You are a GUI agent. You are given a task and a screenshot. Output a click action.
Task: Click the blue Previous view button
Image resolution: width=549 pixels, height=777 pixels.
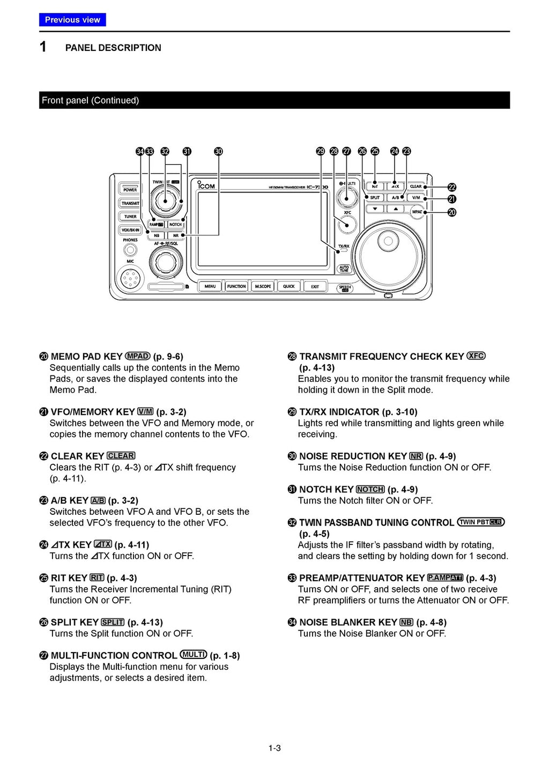(x=72, y=20)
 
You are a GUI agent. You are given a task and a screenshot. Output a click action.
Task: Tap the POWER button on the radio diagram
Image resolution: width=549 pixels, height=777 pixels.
(x=130, y=190)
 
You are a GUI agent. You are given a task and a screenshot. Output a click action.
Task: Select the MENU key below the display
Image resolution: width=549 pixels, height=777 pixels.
(x=210, y=286)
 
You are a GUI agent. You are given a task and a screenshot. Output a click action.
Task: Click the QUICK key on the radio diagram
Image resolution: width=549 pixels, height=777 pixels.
(x=289, y=286)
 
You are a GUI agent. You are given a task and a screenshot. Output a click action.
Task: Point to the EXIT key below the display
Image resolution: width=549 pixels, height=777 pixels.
(x=315, y=286)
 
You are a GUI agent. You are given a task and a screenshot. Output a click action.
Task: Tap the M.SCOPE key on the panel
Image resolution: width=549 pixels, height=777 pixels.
(x=263, y=286)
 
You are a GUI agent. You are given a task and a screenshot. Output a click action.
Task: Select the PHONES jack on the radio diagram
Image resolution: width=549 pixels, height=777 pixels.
(x=130, y=250)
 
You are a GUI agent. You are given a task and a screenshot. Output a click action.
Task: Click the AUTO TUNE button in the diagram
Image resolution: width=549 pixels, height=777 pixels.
(x=344, y=269)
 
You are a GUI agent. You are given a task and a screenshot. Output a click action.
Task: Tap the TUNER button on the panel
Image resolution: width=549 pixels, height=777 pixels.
(x=130, y=217)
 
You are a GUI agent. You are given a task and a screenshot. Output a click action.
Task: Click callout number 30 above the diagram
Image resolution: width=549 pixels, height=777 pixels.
(x=218, y=152)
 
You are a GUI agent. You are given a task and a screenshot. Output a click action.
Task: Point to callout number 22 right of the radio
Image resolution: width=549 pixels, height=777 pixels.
(x=452, y=187)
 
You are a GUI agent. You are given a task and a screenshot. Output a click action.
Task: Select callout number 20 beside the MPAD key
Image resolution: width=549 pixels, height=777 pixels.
(x=452, y=212)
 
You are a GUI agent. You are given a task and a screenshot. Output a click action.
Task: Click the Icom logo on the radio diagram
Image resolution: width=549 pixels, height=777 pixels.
(x=206, y=186)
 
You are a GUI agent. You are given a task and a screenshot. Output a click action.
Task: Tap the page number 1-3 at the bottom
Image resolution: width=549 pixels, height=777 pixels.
(x=274, y=748)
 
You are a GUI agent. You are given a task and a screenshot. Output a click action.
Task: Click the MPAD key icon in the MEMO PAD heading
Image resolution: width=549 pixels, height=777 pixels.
(x=138, y=356)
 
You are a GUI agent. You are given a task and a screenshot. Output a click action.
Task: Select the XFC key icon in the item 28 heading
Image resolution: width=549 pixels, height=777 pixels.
(x=476, y=356)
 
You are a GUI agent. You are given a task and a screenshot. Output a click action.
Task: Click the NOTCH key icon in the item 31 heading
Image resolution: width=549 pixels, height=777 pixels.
(x=370, y=490)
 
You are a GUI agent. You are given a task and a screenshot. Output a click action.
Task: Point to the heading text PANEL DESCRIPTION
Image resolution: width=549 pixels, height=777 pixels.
(x=113, y=48)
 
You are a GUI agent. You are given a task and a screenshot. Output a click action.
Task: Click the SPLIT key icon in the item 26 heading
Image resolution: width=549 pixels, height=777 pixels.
(x=113, y=622)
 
